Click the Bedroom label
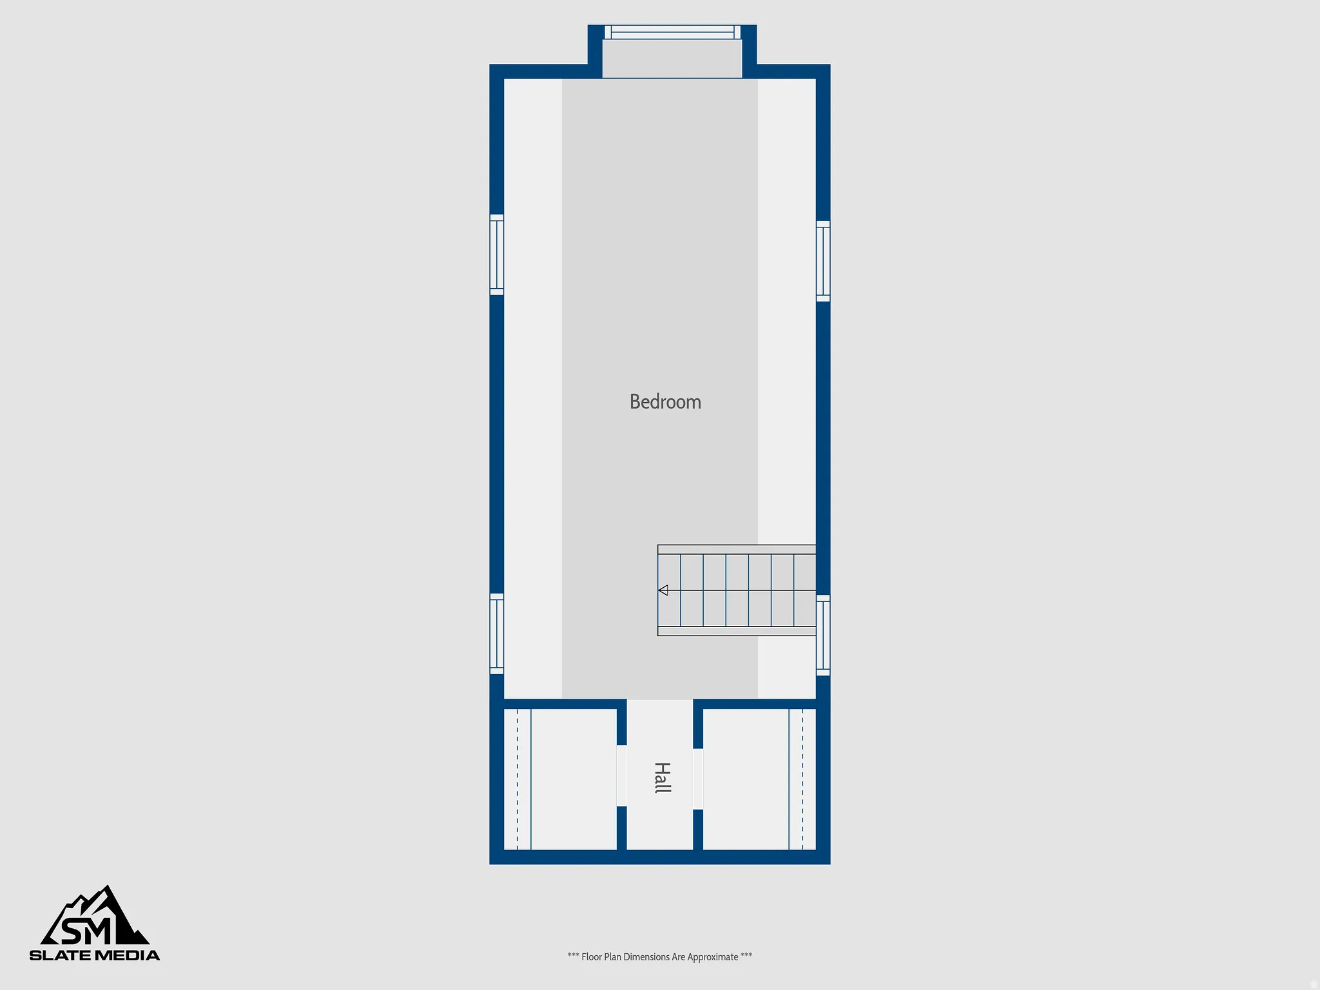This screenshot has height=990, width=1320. (665, 402)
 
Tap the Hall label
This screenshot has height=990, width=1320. (662, 777)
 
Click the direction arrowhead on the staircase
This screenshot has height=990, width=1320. (663, 590)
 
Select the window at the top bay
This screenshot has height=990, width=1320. (672, 32)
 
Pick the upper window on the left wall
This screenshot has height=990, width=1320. (496, 255)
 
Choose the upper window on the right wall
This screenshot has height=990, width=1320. (823, 261)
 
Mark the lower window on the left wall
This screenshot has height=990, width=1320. (496, 634)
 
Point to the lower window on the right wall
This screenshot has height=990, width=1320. (823, 636)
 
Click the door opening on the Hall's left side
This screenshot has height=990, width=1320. (621, 776)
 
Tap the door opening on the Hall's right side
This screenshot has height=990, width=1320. (698, 779)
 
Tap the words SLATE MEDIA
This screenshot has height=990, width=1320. (95, 955)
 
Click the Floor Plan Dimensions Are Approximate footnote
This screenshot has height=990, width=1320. (659, 957)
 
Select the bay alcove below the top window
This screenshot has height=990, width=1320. (672, 59)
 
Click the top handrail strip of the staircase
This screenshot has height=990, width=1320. (737, 549)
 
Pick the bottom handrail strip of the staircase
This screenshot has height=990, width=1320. (737, 631)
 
